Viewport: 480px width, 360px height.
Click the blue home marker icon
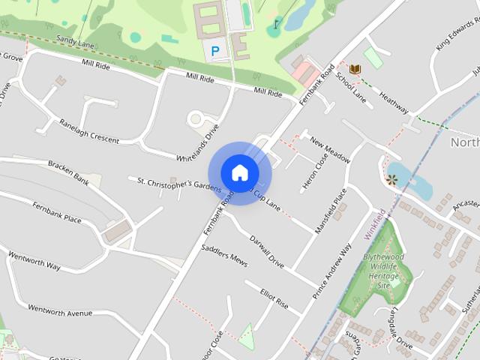pos(239,172)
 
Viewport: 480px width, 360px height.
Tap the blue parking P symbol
pos(216,51)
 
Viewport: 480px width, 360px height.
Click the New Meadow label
pos(330,149)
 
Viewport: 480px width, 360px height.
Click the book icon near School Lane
pos(355,69)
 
